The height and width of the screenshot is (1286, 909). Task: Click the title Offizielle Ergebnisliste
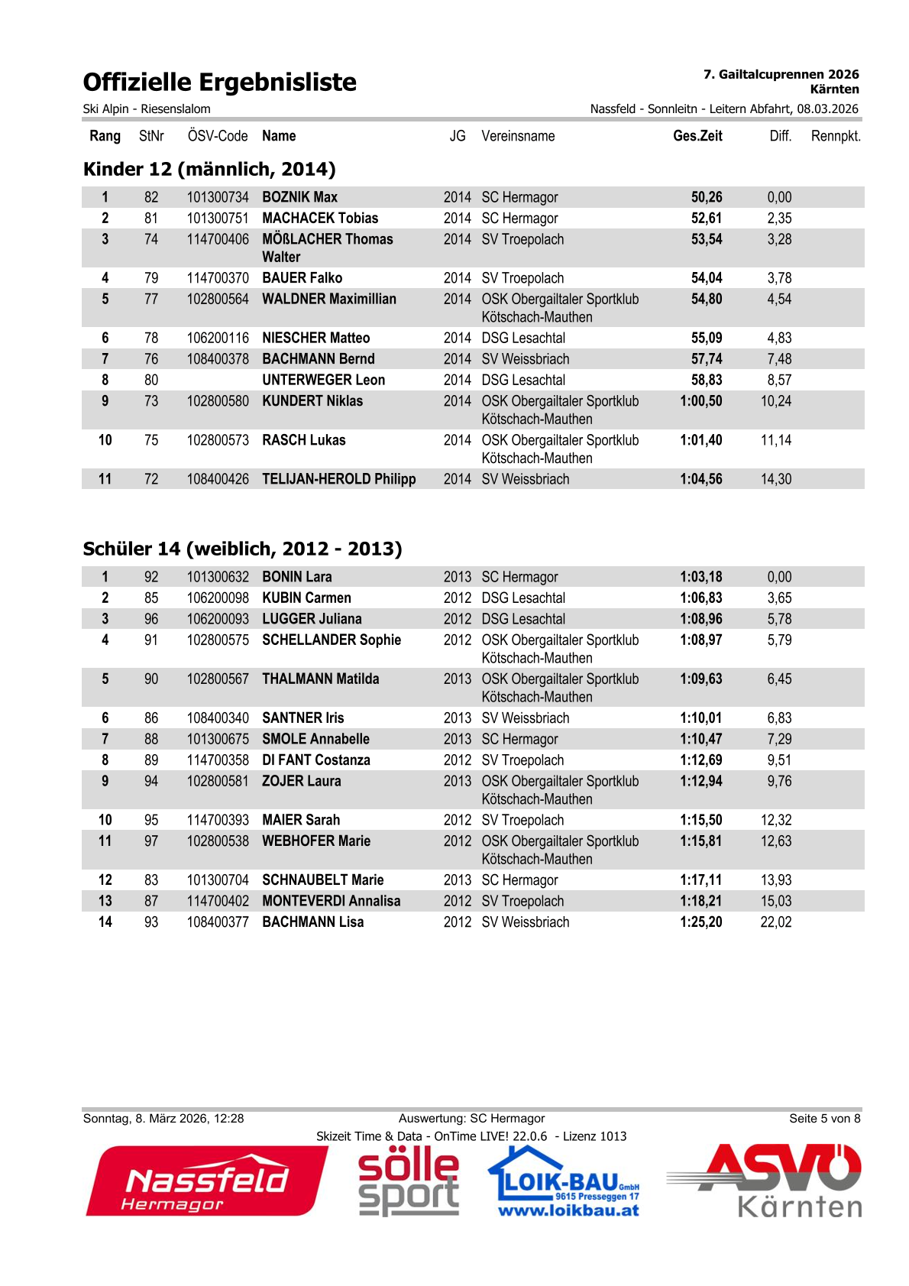coord(219,83)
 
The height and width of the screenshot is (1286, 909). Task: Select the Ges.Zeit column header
coord(697,136)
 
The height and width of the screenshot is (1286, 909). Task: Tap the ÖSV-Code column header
coord(218,136)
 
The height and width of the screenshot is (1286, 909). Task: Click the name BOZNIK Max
coord(299,197)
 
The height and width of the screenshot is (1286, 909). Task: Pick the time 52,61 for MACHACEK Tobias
coord(706,219)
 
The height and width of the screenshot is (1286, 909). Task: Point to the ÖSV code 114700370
coord(218,278)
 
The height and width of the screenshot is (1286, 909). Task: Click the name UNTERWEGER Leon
coord(323,380)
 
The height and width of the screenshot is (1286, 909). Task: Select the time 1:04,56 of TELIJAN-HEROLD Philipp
coord(700,479)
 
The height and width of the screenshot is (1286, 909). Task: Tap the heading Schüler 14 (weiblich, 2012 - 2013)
coord(242,549)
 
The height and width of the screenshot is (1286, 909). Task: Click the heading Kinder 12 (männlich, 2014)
coord(209,169)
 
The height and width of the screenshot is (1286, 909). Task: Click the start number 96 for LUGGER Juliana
coord(151,619)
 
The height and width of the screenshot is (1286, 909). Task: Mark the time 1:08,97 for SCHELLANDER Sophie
coord(700,640)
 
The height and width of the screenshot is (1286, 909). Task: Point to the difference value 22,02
coord(775,922)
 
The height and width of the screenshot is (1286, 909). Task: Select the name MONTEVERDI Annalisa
coord(331,901)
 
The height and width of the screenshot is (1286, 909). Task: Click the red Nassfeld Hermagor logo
coord(206,1181)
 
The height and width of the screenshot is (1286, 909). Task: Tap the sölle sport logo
coord(409,1181)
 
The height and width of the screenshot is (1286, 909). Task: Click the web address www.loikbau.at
coord(568,1210)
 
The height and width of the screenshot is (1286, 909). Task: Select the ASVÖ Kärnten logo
coord(765,1181)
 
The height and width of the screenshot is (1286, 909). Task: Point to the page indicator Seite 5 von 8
coord(824,1119)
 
